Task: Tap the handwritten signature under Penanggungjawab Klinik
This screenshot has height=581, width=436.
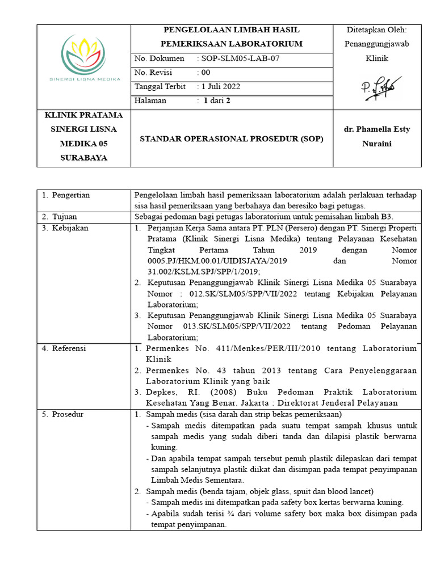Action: [378, 87]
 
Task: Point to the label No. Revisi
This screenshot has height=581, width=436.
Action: [153, 73]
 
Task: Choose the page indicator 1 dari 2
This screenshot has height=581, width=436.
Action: [213, 101]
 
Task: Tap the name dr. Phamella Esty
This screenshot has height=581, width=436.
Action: [377, 129]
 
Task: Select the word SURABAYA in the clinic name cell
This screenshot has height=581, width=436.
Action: [84, 158]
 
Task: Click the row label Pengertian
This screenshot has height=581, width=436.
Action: [70, 195]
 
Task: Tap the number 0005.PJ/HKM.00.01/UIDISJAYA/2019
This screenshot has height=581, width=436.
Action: [218, 261]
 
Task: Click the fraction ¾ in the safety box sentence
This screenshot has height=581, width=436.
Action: [217, 513]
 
